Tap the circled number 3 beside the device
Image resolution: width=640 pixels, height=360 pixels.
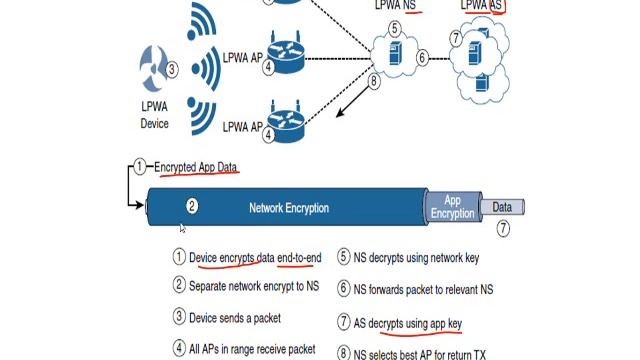point(172,70)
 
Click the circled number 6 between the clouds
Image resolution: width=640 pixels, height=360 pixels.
point(422,58)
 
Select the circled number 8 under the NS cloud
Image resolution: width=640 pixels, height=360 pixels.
point(375,81)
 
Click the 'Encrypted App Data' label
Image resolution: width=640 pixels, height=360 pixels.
point(196,167)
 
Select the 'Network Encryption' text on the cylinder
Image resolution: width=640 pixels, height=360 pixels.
point(289,208)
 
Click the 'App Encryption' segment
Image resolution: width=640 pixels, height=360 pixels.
point(452,207)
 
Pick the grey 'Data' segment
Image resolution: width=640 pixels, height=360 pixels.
point(502,207)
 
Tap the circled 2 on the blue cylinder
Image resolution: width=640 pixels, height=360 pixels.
point(192,206)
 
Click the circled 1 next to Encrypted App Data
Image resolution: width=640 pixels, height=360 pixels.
point(141,167)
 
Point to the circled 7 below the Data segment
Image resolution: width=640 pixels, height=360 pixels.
point(503,229)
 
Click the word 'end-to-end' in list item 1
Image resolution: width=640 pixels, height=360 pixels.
point(299,258)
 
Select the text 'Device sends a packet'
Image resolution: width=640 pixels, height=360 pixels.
point(235,317)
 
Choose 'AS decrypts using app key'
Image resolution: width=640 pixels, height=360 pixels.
point(409,323)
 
